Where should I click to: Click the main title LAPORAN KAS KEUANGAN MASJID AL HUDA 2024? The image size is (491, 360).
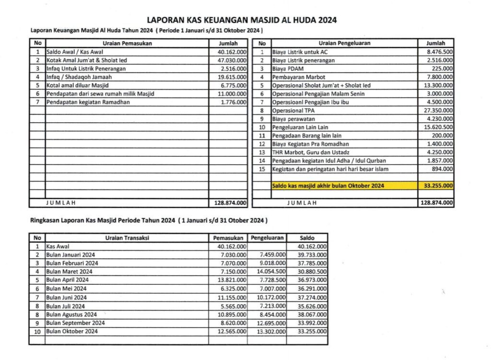[242, 20]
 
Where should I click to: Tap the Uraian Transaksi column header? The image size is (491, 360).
[127, 238]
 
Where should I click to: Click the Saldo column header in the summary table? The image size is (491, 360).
[307, 238]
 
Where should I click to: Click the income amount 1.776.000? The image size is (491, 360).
[234, 102]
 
